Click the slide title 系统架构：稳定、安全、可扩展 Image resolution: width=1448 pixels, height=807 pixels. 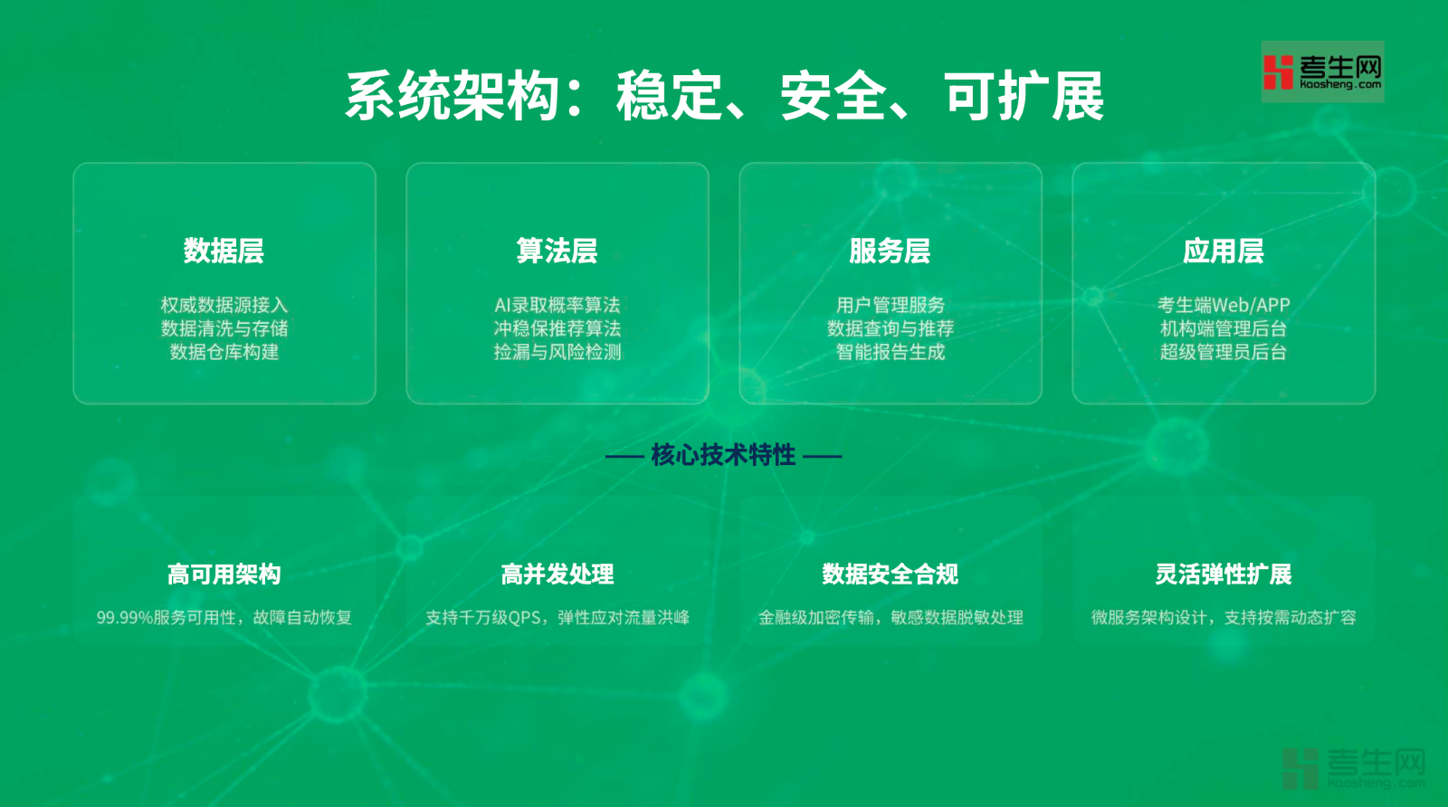724,96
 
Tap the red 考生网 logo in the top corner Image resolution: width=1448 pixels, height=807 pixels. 1322,71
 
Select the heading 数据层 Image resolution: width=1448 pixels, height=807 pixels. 224,251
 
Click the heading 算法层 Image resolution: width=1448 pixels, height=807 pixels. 557,251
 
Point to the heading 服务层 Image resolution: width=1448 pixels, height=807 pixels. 890,251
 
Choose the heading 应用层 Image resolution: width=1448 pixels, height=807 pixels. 1223,251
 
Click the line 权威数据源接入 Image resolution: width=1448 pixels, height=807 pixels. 224,304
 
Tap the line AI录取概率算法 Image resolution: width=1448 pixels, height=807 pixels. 557,304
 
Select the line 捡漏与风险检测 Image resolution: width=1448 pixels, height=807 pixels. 557,352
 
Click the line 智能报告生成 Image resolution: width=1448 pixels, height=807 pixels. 891,352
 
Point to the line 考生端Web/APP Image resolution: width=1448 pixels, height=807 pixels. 1224,304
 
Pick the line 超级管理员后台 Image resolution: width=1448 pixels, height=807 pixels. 1224,352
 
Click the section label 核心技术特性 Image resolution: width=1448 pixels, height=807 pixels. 723,455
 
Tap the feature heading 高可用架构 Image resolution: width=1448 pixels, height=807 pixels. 224,574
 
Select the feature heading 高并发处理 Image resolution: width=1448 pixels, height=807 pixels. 557,574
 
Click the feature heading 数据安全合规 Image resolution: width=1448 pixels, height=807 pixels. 891,574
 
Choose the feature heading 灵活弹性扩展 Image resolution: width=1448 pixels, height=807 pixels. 1223,574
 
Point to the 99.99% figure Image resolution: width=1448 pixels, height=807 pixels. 125,618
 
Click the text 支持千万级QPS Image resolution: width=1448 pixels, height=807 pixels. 483,618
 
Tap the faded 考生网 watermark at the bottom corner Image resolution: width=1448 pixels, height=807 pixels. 1354,768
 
